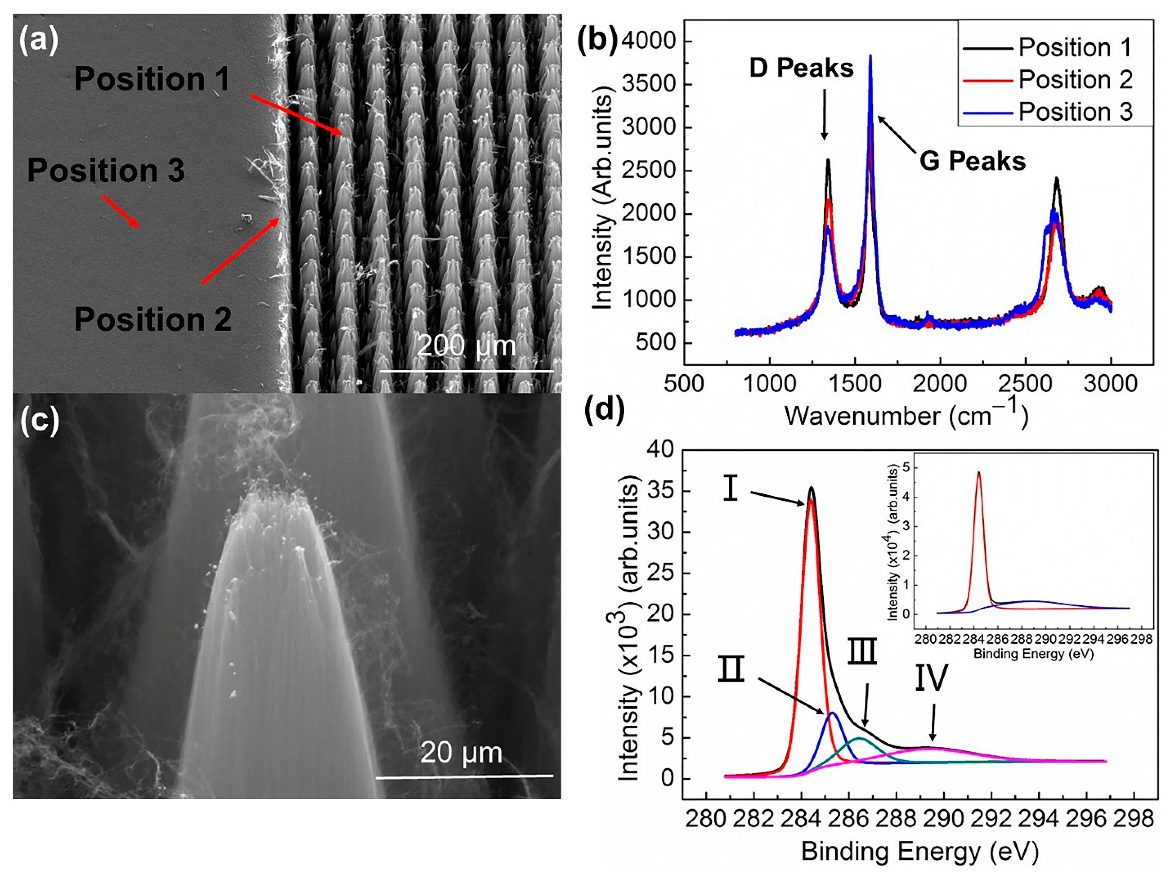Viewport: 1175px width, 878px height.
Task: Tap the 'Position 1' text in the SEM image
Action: (x=152, y=79)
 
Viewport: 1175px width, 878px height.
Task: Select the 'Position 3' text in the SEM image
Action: (x=106, y=170)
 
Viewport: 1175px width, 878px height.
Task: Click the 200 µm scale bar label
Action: (x=466, y=346)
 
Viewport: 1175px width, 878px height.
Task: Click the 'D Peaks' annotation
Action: (x=801, y=68)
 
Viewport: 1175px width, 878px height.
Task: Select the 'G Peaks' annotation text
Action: (x=972, y=161)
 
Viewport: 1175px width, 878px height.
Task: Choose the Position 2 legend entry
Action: (x=1075, y=80)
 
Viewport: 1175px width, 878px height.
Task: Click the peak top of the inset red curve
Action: (x=979, y=472)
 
